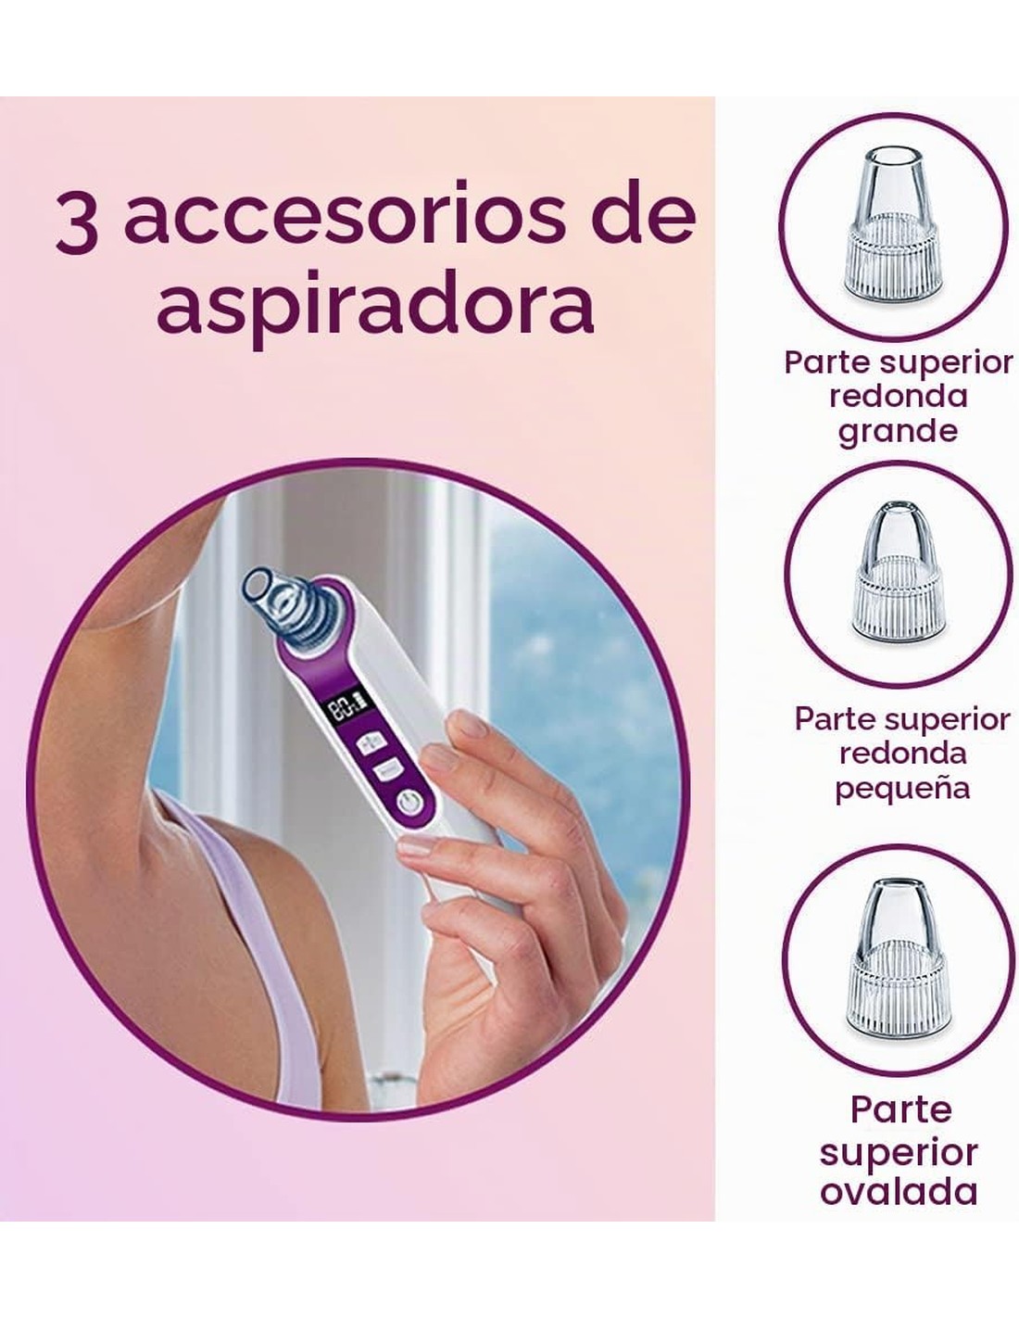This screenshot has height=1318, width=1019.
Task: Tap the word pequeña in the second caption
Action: click(x=902, y=788)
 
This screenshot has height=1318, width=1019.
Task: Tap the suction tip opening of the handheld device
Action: click(x=258, y=585)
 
